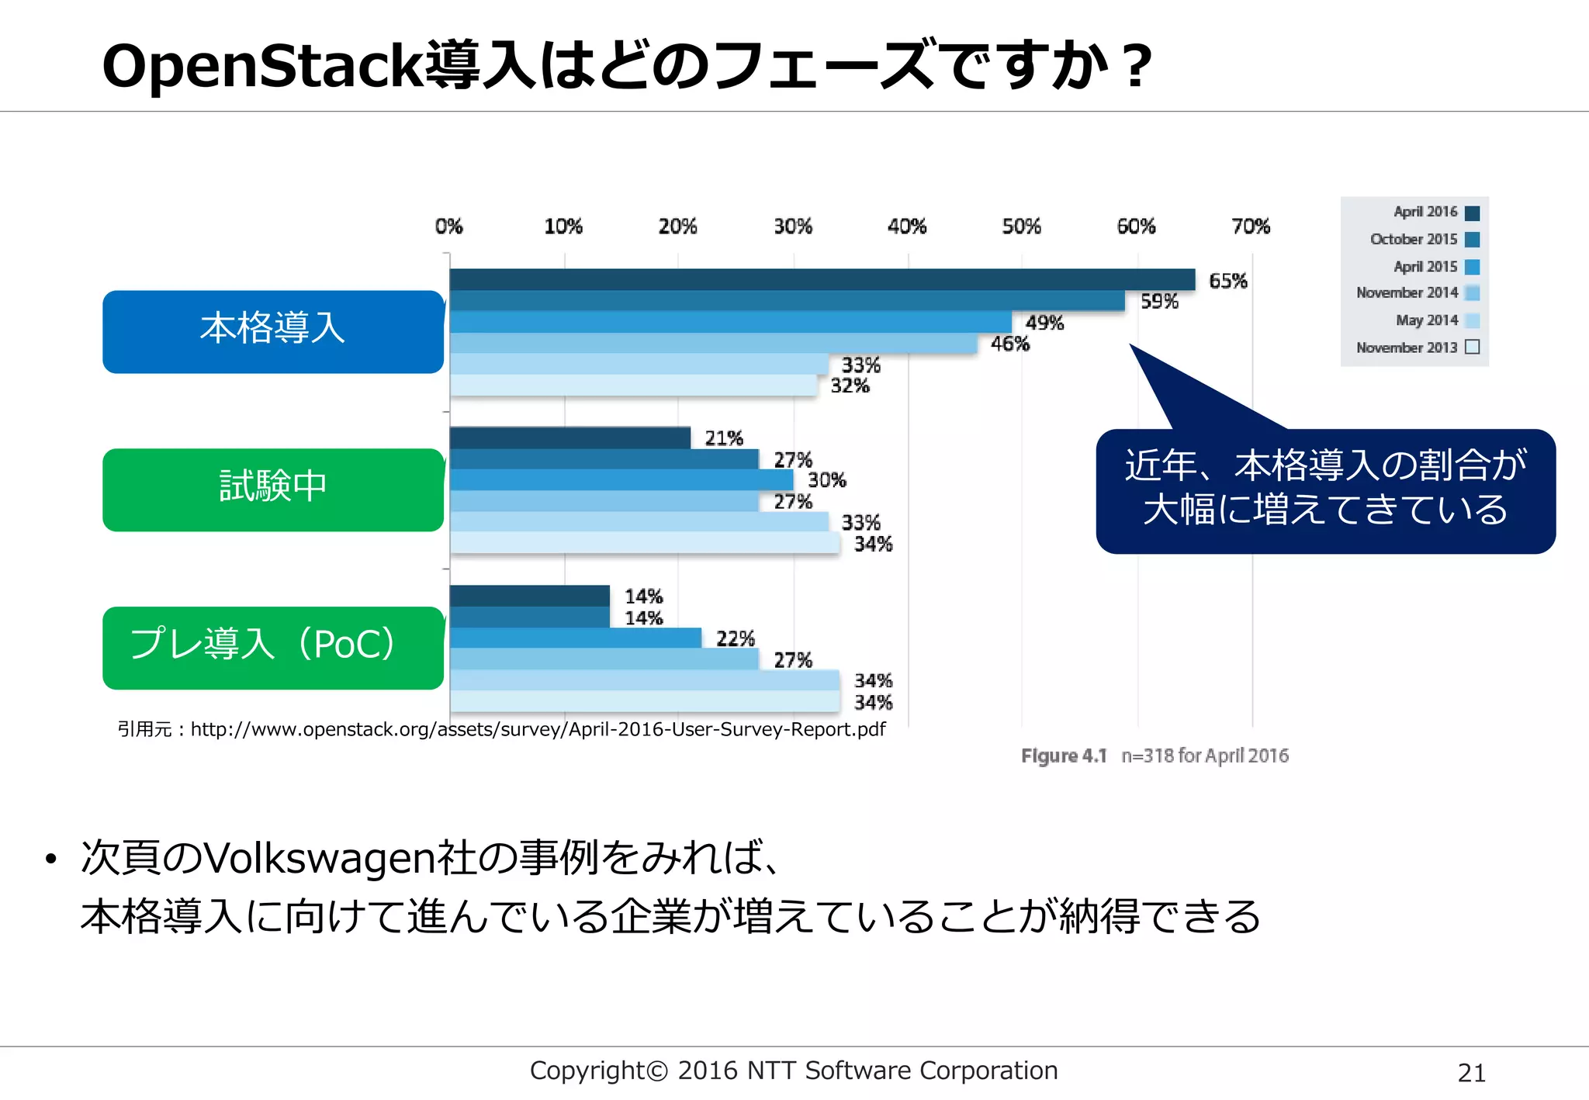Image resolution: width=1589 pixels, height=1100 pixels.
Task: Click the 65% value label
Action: pos(1227,281)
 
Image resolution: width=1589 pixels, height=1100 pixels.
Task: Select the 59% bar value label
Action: pos(1159,302)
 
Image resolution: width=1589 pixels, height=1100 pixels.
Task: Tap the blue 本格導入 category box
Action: pos(272,331)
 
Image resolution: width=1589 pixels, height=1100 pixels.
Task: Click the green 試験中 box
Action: pos(272,489)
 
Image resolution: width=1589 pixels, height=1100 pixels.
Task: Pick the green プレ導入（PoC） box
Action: pos(272,647)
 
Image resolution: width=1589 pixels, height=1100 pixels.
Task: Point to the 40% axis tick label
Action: pos(907,227)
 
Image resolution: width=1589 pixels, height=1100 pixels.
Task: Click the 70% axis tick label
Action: pos(1251,227)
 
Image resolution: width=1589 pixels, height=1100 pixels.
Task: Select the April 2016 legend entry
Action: pos(1435,212)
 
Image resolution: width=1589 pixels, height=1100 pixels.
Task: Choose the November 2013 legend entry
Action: pos(1417,348)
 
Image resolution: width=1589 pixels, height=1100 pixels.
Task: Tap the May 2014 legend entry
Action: pos(1436,320)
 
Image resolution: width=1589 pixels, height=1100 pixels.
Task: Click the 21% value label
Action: pos(724,438)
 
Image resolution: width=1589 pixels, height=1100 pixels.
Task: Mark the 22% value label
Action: pos(735,639)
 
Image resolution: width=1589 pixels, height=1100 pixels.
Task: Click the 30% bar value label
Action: pos(827,480)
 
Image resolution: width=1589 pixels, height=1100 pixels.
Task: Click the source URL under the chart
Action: pos(538,729)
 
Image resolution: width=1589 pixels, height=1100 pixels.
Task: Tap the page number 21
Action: pos(1471,1073)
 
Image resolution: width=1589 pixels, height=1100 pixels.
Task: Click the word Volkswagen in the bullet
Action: pos(319,857)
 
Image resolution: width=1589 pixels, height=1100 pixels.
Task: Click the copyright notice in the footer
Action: pos(793,1071)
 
